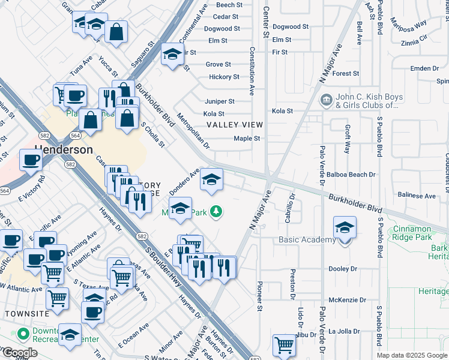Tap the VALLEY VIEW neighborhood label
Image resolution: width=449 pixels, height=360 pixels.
click(x=235, y=125)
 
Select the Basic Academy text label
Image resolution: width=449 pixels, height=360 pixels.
click(x=307, y=240)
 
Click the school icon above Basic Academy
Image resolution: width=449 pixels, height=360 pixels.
click(x=345, y=228)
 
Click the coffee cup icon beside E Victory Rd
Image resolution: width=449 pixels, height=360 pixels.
click(x=31, y=160)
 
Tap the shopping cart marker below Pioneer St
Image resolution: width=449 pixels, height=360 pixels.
click(x=285, y=345)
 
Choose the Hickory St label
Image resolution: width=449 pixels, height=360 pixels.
click(x=224, y=77)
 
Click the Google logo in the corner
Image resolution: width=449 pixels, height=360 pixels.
click(x=19, y=353)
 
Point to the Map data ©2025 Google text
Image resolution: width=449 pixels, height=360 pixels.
click(x=412, y=355)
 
